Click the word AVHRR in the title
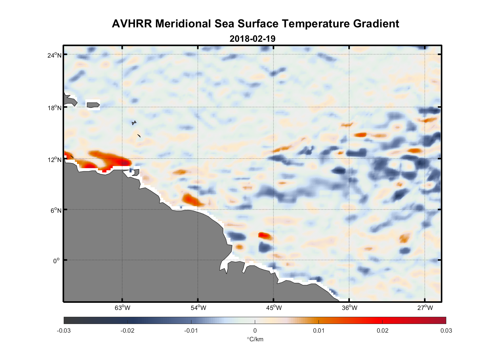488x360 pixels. point(132,24)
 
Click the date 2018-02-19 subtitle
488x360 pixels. point(252,39)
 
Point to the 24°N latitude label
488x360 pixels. point(54,55)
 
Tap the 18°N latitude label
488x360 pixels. point(54,108)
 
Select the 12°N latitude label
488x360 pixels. point(54,159)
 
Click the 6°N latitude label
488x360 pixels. point(56,210)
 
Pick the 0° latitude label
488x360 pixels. point(57,261)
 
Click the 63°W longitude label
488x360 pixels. point(122,308)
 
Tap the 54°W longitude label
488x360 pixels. point(198,308)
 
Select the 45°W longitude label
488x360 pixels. point(274,308)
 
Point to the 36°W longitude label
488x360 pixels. point(349,308)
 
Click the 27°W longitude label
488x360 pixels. point(425,308)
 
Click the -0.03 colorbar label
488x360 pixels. point(64,330)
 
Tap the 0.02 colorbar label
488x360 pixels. point(382,330)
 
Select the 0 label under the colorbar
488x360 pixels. point(255,330)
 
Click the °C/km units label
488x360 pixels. point(255,339)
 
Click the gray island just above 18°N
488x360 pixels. point(93,105)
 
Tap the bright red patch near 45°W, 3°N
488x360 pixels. point(265,235)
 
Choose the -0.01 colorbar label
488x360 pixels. point(191,330)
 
